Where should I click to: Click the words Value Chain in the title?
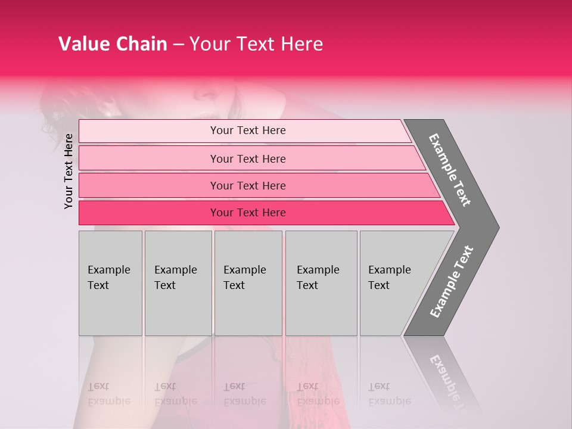click(113, 44)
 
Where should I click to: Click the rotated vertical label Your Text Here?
click(69, 171)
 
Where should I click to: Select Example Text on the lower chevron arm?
click(452, 281)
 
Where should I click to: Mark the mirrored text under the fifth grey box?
click(389, 394)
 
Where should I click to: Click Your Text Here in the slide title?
click(256, 44)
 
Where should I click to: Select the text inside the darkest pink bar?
click(248, 213)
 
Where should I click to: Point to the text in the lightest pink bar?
click(248, 130)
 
